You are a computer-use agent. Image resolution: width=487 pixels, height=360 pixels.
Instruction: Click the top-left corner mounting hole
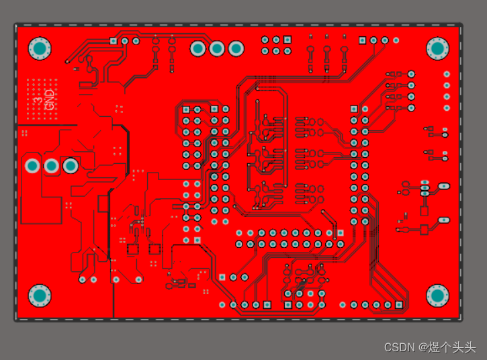click(x=39, y=48)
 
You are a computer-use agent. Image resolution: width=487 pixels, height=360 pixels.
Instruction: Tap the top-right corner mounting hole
click(x=437, y=48)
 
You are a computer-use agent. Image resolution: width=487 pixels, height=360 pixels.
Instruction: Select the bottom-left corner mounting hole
click(x=39, y=295)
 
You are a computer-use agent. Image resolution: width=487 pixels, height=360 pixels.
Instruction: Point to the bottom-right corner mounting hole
click(x=437, y=295)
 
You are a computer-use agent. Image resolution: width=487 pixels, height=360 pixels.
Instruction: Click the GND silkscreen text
click(x=49, y=99)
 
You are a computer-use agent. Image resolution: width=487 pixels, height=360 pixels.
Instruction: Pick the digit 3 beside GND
click(x=38, y=101)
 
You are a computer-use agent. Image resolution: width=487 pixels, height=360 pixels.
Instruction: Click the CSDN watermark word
click(x=399, y=347)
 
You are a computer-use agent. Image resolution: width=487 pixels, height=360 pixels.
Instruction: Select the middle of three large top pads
click(x=217, y=48)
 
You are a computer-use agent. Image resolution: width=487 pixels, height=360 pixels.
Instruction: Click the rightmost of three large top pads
click(x=236, y=48)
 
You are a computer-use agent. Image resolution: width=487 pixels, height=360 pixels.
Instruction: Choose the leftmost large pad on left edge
click(x=32, y=165)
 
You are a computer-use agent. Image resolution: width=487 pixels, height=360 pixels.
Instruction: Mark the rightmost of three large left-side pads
click(x=70, y=165)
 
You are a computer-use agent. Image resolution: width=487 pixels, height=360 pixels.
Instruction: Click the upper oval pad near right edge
click(x=443, y=186)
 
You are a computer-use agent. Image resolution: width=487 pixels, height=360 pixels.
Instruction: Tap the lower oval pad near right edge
click(x=443, y=219)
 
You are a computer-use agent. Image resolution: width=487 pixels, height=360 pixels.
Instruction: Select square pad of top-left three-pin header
click(x=114, y=41)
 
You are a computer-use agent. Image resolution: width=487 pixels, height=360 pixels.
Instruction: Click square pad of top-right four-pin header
click(x=362, y=40)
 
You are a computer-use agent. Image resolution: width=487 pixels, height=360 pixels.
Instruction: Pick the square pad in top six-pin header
click(x=287, y=40)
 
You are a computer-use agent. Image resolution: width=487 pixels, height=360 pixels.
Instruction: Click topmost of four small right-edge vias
click(x=446, y=74)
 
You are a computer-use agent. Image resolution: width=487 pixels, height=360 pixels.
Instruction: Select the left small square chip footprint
click(x=132, y=249)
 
